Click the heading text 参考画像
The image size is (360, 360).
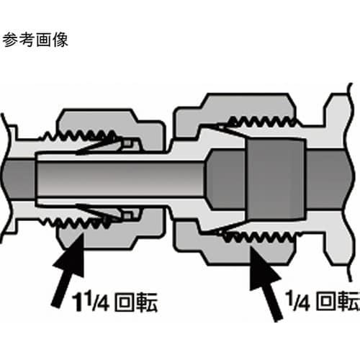coord(35,40)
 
